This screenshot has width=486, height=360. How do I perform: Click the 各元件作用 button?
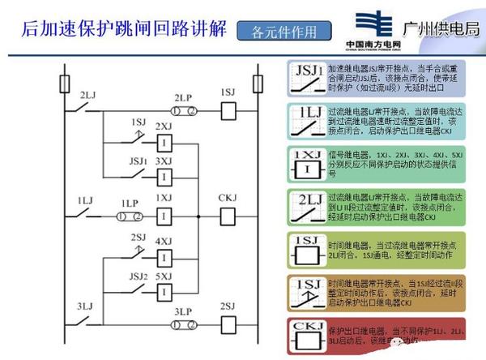pos(279,32)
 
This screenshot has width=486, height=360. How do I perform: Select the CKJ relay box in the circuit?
pos(227,217)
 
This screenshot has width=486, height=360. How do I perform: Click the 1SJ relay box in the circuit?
pos(228,107)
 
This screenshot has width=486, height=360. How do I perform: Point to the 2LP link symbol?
pos(183,107)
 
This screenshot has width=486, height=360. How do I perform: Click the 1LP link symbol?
pos(128,216)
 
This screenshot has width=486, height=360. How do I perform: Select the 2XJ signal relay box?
pos(164,143)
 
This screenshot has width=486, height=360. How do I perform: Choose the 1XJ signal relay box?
pos(164,217)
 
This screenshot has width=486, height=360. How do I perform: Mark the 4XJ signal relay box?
pos(164,256)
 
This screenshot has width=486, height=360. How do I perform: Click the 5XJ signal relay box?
pos(164,289)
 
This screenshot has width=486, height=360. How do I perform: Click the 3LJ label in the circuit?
pos(87,306)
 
